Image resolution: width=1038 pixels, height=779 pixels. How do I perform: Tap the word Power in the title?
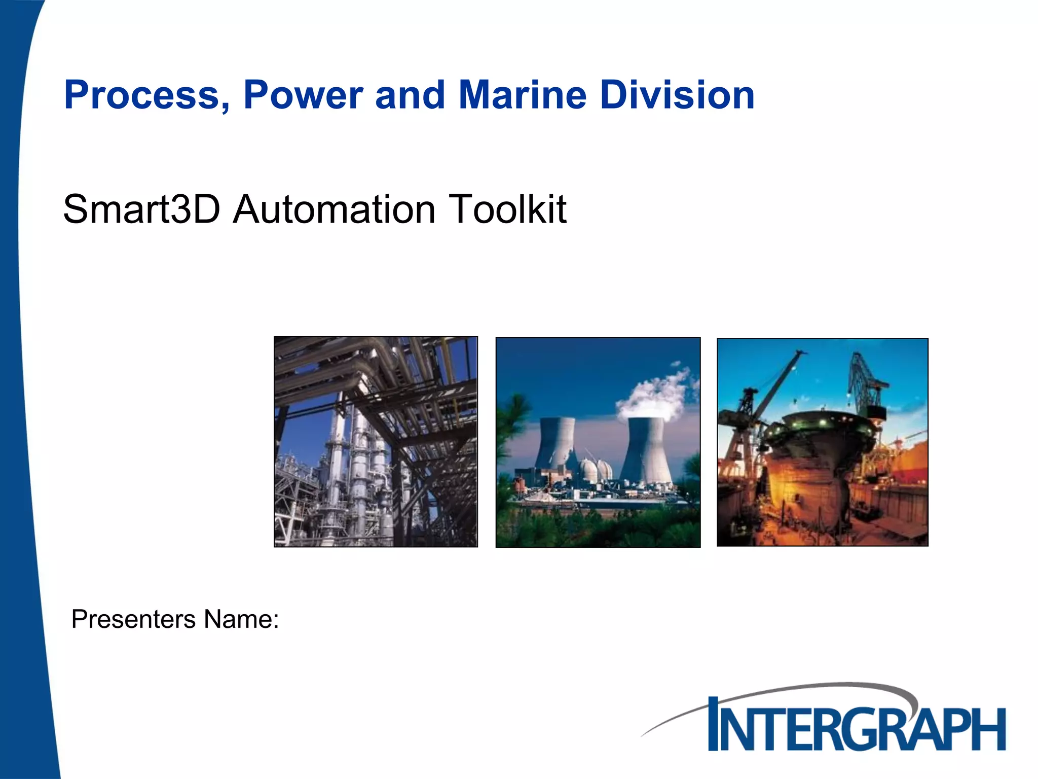click(x=303, y=95)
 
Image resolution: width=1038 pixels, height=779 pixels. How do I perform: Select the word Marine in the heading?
click(x=523, y=95)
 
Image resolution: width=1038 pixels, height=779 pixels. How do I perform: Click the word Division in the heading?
click(x=677, y=95)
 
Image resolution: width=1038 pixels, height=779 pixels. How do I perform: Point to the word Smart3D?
click(x=142, y=209)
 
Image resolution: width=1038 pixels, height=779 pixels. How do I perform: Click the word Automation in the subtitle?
click(x=335, y=209)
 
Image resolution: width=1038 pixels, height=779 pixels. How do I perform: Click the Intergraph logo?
click(x=857, y=725)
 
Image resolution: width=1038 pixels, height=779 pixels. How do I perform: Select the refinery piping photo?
click(x=376, y=442)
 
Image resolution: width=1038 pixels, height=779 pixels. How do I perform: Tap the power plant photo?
click(x=598, y=442)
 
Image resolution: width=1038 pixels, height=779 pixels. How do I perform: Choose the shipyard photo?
click(x=822, y=442)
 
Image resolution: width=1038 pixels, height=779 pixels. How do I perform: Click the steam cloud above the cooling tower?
click(x=654, y=391)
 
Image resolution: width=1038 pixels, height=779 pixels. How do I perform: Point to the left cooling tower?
click(x=557, y=444)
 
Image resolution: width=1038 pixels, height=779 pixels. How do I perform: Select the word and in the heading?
click(x=410, y=95)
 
